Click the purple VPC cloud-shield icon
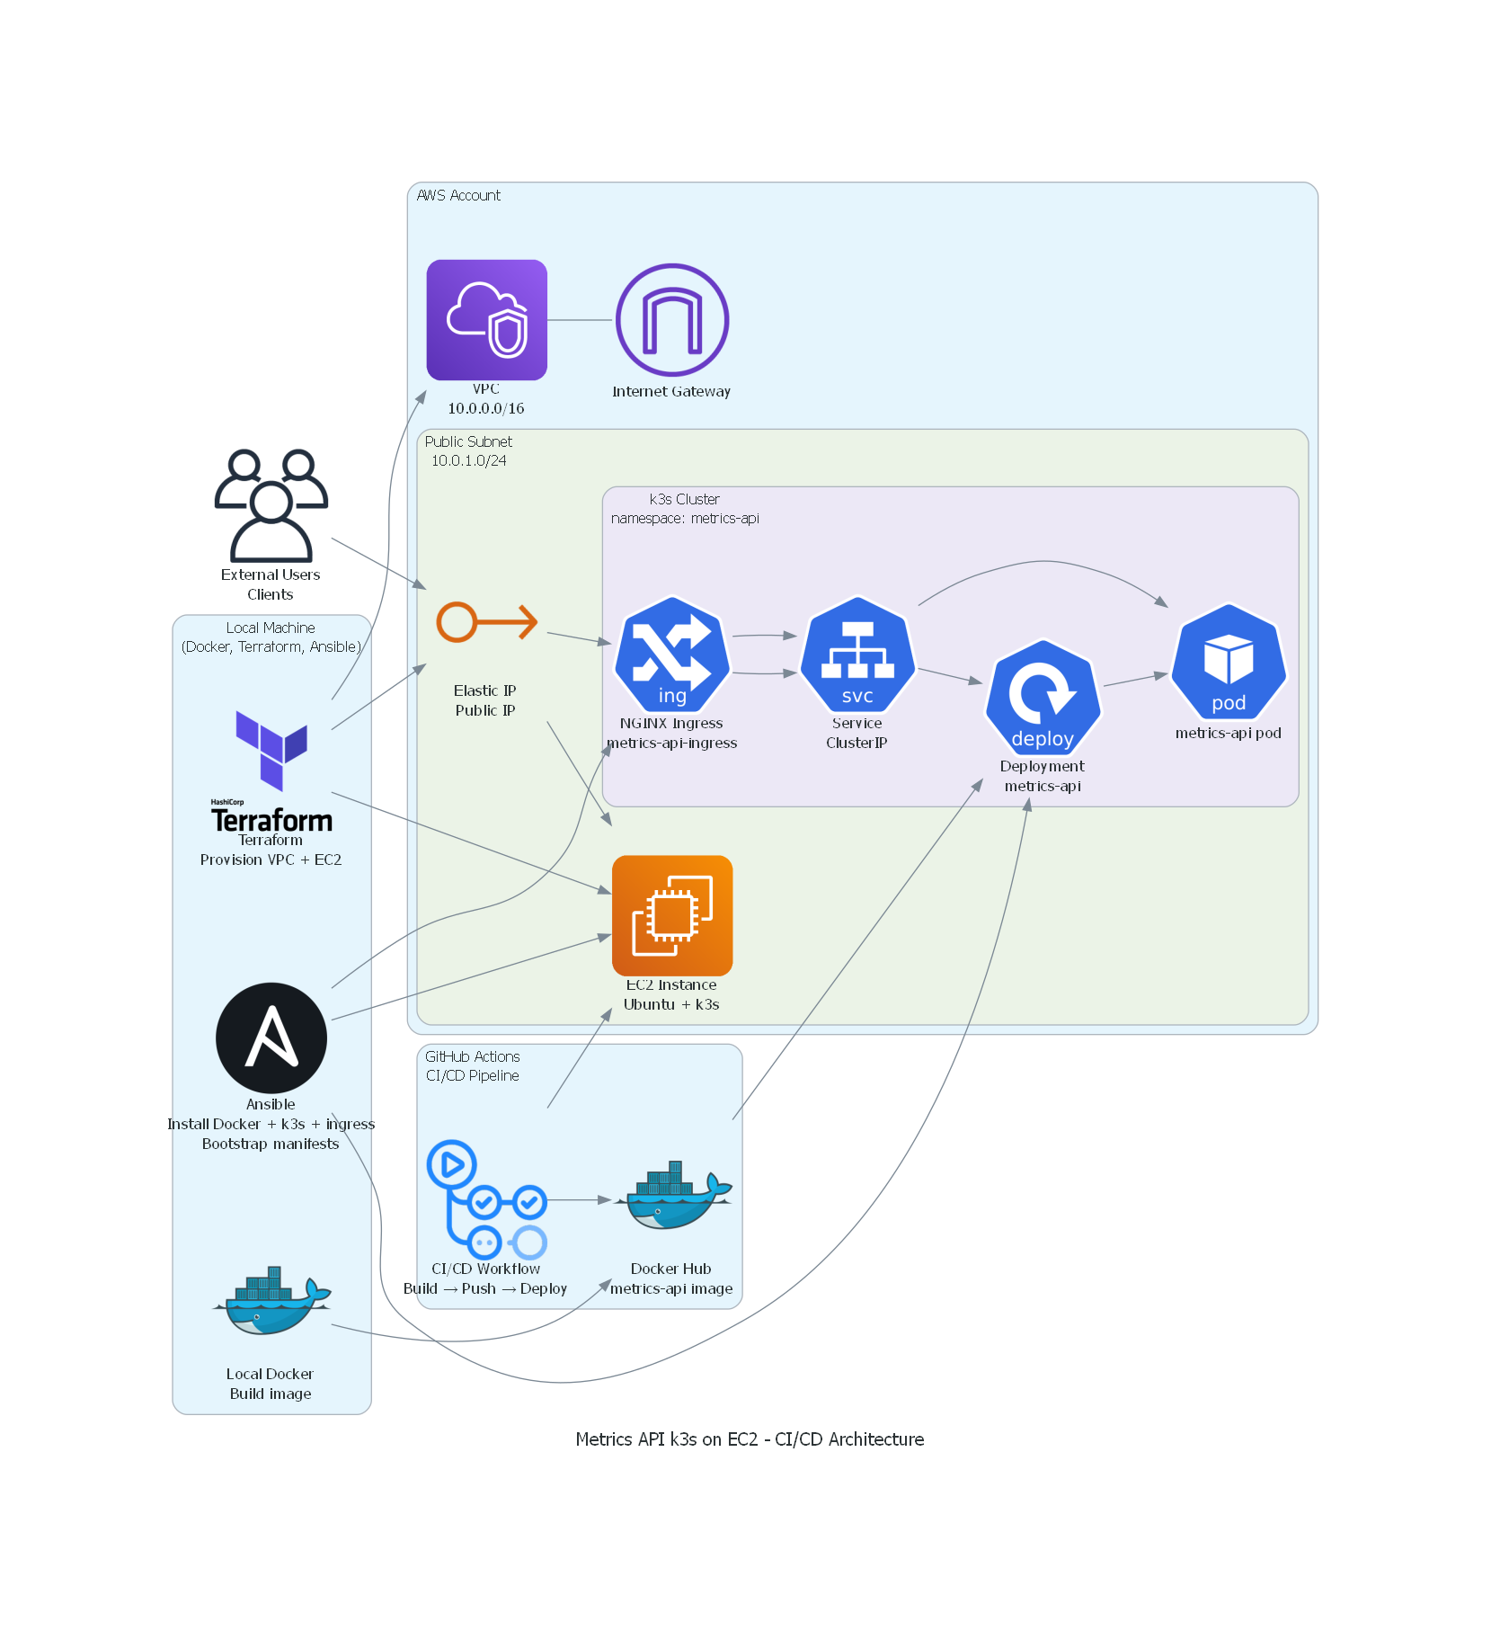click(486, 320)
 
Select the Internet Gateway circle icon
click(671, 320)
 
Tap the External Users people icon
click(271, 505)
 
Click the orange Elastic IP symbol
click(486, 622)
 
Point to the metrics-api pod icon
click(1229, 662)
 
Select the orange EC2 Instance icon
click(671, 915)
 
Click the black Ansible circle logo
click(271, 1038)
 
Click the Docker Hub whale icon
click(671, 1196)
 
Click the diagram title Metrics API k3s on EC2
click(749, 1439)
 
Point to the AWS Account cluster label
click(458, 195)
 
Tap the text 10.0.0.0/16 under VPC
click(486, 408)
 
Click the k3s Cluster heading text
click(684, 499)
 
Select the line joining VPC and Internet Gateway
click(580, 320)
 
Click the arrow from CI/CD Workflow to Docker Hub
click(580, 1200)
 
